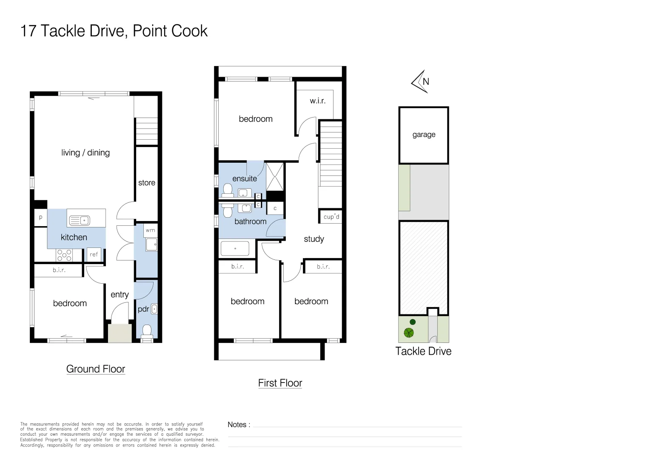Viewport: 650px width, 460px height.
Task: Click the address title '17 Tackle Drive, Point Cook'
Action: point(114,31)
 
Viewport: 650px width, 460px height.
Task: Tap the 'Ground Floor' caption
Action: point(96,369)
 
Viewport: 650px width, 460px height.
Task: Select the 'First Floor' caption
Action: point(280,383)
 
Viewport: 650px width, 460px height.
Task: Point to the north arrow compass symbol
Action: point(420,81)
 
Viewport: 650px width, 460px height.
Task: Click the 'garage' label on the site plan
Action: point(424,135)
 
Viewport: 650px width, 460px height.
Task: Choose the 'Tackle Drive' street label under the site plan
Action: point(423,351)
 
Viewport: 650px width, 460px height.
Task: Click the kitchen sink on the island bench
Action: point(80,220)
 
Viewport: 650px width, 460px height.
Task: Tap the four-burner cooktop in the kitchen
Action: point(64,255)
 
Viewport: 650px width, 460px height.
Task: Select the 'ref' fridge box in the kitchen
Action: point(94,254)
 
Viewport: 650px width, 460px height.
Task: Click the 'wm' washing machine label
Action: point(150,230)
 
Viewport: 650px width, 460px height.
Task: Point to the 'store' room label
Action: point(147,183)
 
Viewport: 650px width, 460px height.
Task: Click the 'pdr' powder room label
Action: point(143,309)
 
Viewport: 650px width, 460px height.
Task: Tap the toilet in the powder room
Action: point(147,331)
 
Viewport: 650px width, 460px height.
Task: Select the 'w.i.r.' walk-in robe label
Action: point(317,101)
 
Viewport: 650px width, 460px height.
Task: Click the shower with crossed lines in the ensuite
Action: point(275,176)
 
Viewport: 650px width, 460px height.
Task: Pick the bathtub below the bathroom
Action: point(237,248)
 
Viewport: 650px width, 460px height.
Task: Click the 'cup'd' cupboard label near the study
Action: point(331,217)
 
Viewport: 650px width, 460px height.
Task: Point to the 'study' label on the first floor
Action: point(314,239)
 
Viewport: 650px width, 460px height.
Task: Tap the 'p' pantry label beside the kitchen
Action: point(41,217)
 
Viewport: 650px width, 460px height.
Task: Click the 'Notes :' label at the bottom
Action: point(239,425)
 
